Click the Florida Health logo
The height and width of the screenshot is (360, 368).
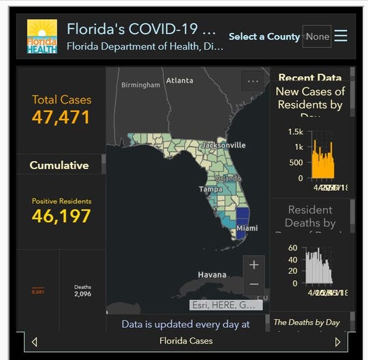(42, 36)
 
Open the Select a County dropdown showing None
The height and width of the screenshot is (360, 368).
(317, 36)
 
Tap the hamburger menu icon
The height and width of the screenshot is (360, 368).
(341, 35)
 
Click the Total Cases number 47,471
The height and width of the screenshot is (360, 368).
(61, 117)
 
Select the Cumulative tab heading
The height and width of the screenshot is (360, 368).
(59, 165)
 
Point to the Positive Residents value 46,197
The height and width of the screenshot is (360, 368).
(61, 217)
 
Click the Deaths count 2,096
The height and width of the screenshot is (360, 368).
(82, 294)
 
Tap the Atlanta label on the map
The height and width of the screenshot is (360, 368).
(179, 80)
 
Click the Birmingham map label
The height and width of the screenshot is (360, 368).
(140, 85)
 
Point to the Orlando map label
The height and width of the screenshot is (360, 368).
(228, 178)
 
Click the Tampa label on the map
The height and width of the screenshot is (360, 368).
(211, 189)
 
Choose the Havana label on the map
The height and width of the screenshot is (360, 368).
(212, 275)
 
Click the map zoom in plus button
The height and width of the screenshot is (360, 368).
(254, 265)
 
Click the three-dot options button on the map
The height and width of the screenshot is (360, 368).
(254, 81)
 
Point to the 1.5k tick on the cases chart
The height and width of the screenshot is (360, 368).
(295, 132)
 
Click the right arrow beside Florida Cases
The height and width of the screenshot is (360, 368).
(337, 342)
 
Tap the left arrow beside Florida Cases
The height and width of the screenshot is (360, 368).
(35, 342)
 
